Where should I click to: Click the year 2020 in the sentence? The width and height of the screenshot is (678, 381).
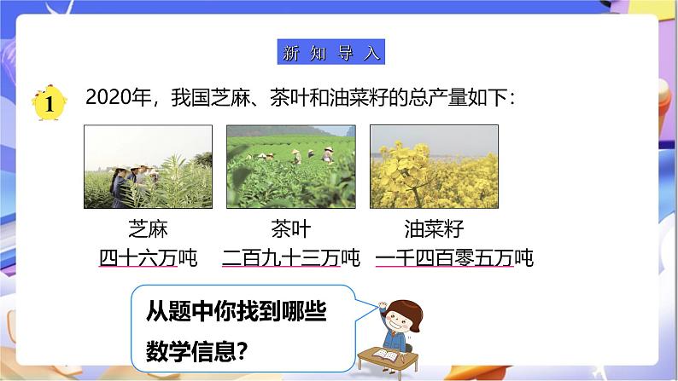coord(108,101)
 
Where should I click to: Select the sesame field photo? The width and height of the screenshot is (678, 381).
coord(148,167)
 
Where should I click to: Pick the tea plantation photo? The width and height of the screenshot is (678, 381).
coord(290,167)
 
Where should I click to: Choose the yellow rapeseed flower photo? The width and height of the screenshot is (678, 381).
coord(433,167)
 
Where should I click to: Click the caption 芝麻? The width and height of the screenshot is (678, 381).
coord(148,229)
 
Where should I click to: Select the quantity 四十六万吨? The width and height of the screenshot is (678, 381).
coord(148,256)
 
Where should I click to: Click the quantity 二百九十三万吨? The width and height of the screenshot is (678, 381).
coord(290,256)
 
